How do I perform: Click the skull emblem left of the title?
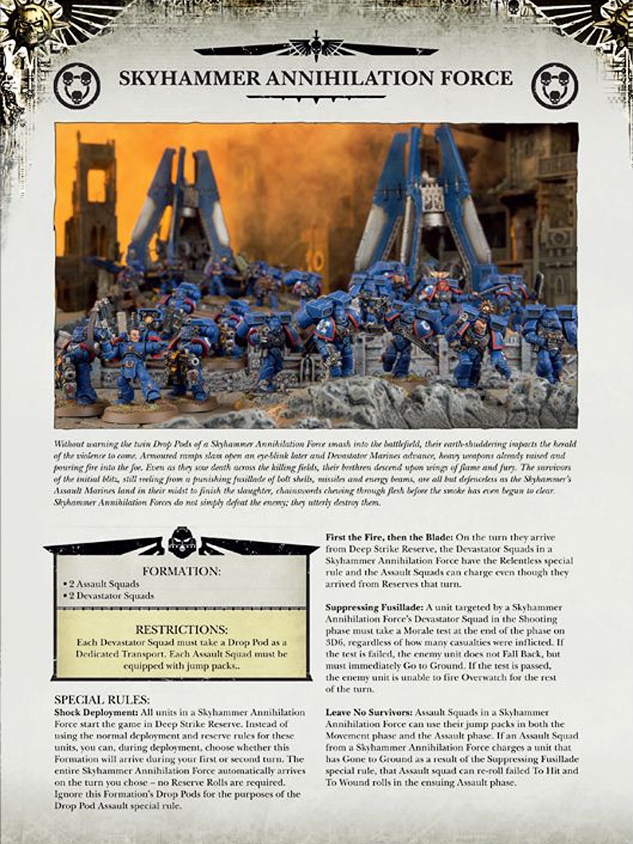point(77,85)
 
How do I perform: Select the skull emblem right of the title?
point(554,85)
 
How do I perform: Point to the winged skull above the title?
point(316,48)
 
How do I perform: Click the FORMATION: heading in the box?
point(181,571)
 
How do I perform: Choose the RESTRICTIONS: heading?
point(181,630)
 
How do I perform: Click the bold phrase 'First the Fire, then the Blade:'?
point(394,538)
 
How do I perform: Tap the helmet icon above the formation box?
point(181,539)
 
